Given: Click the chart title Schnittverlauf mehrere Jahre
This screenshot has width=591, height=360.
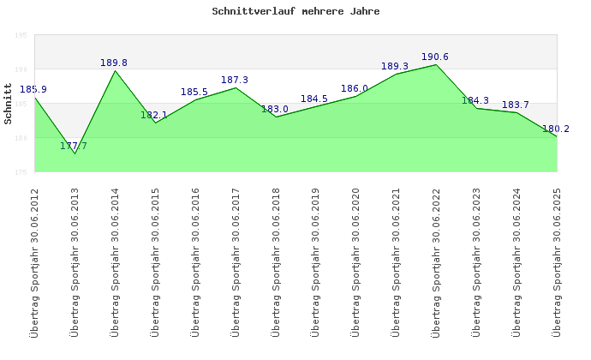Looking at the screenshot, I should pos(295,12).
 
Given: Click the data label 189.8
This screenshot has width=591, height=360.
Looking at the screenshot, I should pos(114,63).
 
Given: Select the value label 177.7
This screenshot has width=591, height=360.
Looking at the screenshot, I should pos(74,146).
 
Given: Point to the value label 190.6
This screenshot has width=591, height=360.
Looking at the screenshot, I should pos(435,57).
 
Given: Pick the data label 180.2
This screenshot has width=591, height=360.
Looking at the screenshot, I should pos(556,129).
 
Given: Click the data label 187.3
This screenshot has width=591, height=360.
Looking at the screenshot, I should pos(235,80).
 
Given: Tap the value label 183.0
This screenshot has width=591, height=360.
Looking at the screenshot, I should pos(275,109).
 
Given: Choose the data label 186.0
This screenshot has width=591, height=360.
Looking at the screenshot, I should pos(355,88).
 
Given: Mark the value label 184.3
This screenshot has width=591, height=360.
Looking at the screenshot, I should pos(475,100).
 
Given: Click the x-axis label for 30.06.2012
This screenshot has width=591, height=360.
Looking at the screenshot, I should pos(34,261).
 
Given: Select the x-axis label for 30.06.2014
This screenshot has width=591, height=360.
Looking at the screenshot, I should pos(115,261).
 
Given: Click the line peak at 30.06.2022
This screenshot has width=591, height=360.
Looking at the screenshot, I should pos(436,65).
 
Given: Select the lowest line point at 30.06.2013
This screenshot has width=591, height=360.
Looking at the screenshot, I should pos(75,153).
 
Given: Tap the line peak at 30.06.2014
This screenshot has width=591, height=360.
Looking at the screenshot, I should pos(115,70).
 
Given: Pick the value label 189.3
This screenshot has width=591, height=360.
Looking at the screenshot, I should pos(395,66).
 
